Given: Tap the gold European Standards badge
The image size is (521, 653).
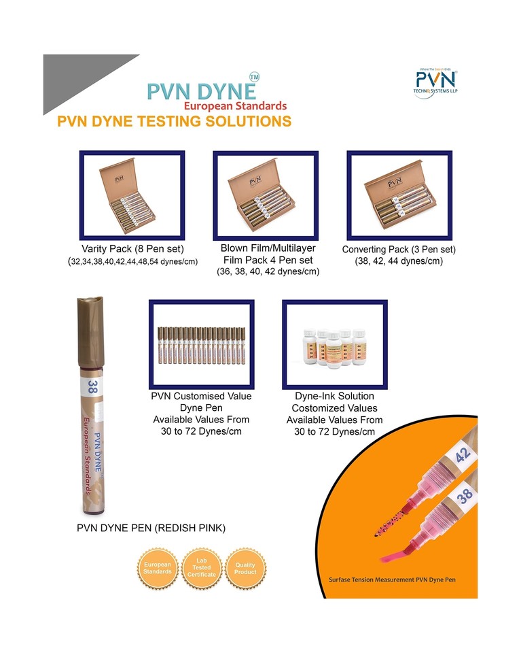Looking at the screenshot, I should [x=158, y=568].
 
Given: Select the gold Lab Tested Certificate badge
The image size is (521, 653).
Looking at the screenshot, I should [x=201, y=568].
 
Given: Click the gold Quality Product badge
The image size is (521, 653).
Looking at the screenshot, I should [x=245, y=568].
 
